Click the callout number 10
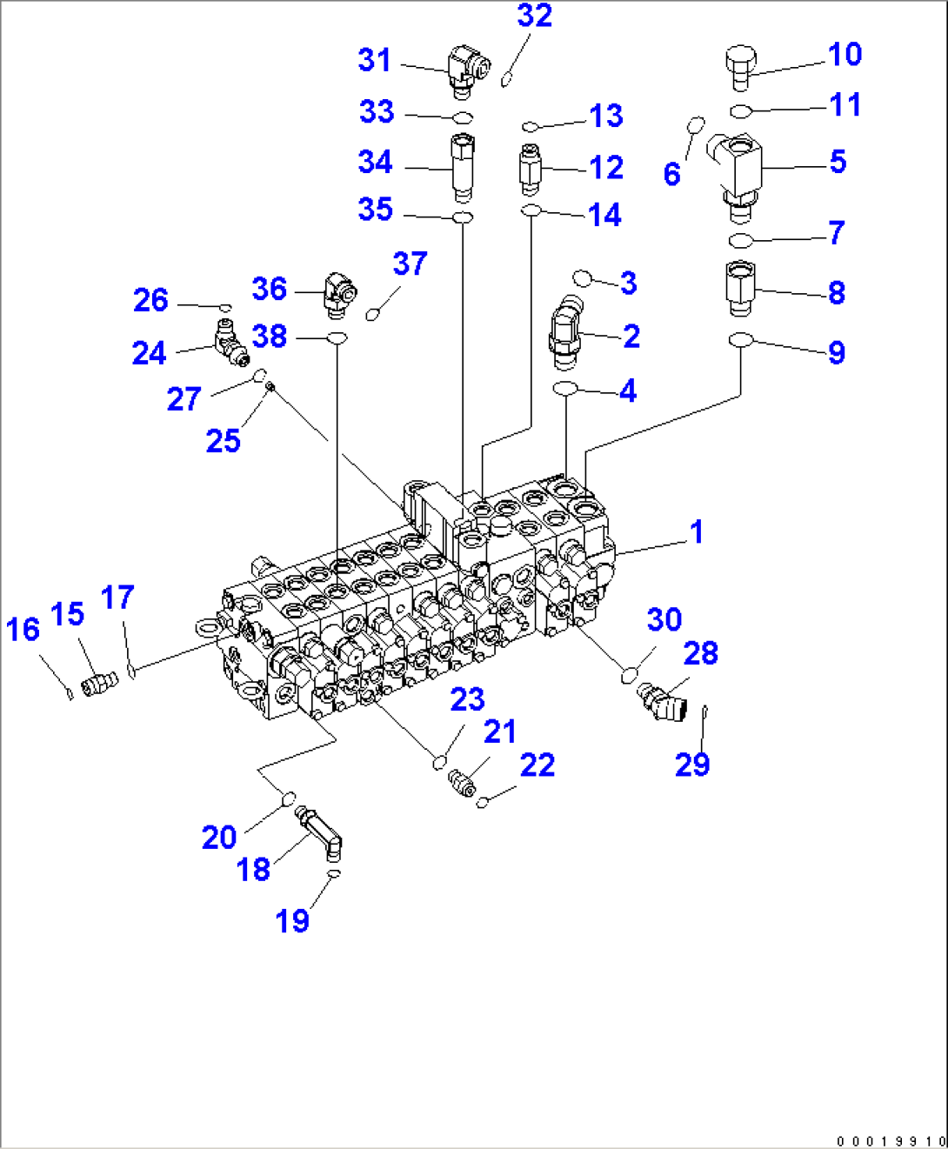coord(845,55)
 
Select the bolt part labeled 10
coord(740,67)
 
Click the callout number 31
coord(375,60)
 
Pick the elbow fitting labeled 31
coord(468,69)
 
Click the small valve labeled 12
coord(531,167)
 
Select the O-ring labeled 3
coord(583,278)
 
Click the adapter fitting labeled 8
coord(740,288)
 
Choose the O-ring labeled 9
coord(740,339)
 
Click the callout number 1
coord(696,531)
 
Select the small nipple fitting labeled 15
coord(99,684)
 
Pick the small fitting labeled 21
coord(463,780)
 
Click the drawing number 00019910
coord(891,1140)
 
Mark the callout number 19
coord(292,920)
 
